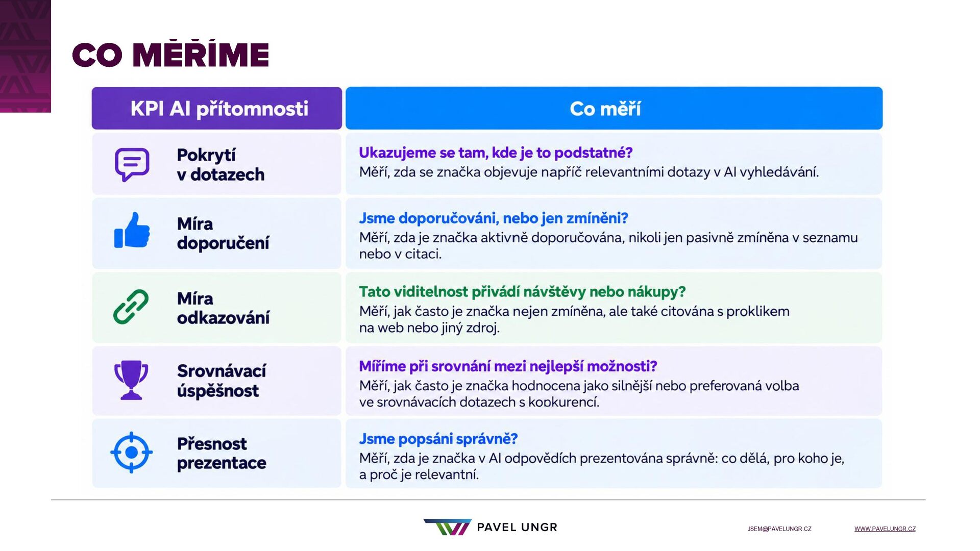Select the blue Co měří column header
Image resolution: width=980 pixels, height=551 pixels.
[614, 108]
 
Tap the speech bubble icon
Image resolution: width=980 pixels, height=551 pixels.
[132, 164]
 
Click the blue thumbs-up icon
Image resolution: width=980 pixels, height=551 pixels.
[132, 230]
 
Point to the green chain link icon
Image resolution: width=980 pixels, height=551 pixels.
[131, 307]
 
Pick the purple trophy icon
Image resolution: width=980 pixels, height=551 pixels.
[131, 380]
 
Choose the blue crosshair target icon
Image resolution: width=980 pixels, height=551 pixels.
[131, 453]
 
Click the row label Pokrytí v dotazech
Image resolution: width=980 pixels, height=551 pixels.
[220, 164]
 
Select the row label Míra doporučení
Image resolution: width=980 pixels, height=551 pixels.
[223, 233]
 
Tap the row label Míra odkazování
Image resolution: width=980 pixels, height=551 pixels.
[223, 308]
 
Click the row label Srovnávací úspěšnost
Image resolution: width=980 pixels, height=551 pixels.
[222, 381]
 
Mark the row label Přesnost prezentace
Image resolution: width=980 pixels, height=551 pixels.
[222, 453]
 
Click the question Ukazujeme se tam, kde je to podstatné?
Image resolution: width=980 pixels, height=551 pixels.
[496, 153]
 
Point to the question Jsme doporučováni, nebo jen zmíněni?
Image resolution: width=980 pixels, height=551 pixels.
[494, 218]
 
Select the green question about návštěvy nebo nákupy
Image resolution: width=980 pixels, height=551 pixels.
[522, 292]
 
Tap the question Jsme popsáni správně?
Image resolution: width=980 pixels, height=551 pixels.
[438, 439]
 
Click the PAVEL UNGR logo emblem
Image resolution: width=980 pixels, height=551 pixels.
[448, 527]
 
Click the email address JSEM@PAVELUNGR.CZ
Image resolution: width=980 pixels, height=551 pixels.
[779, 529]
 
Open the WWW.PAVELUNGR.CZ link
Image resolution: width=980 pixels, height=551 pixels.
[885, 529]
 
